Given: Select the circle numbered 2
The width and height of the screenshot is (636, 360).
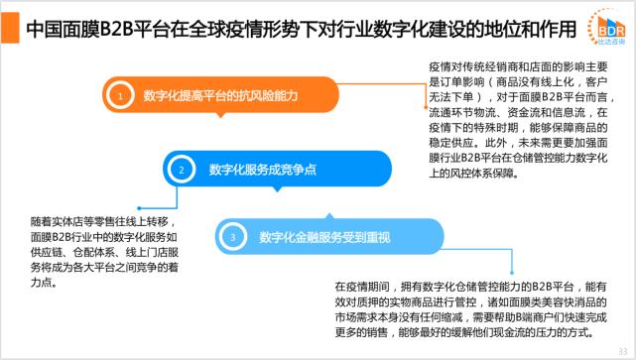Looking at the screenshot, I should point(182,170).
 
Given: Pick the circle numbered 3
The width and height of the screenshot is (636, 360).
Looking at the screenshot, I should point(232,237).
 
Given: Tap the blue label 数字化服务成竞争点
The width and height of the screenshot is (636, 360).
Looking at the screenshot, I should point(262,170).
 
